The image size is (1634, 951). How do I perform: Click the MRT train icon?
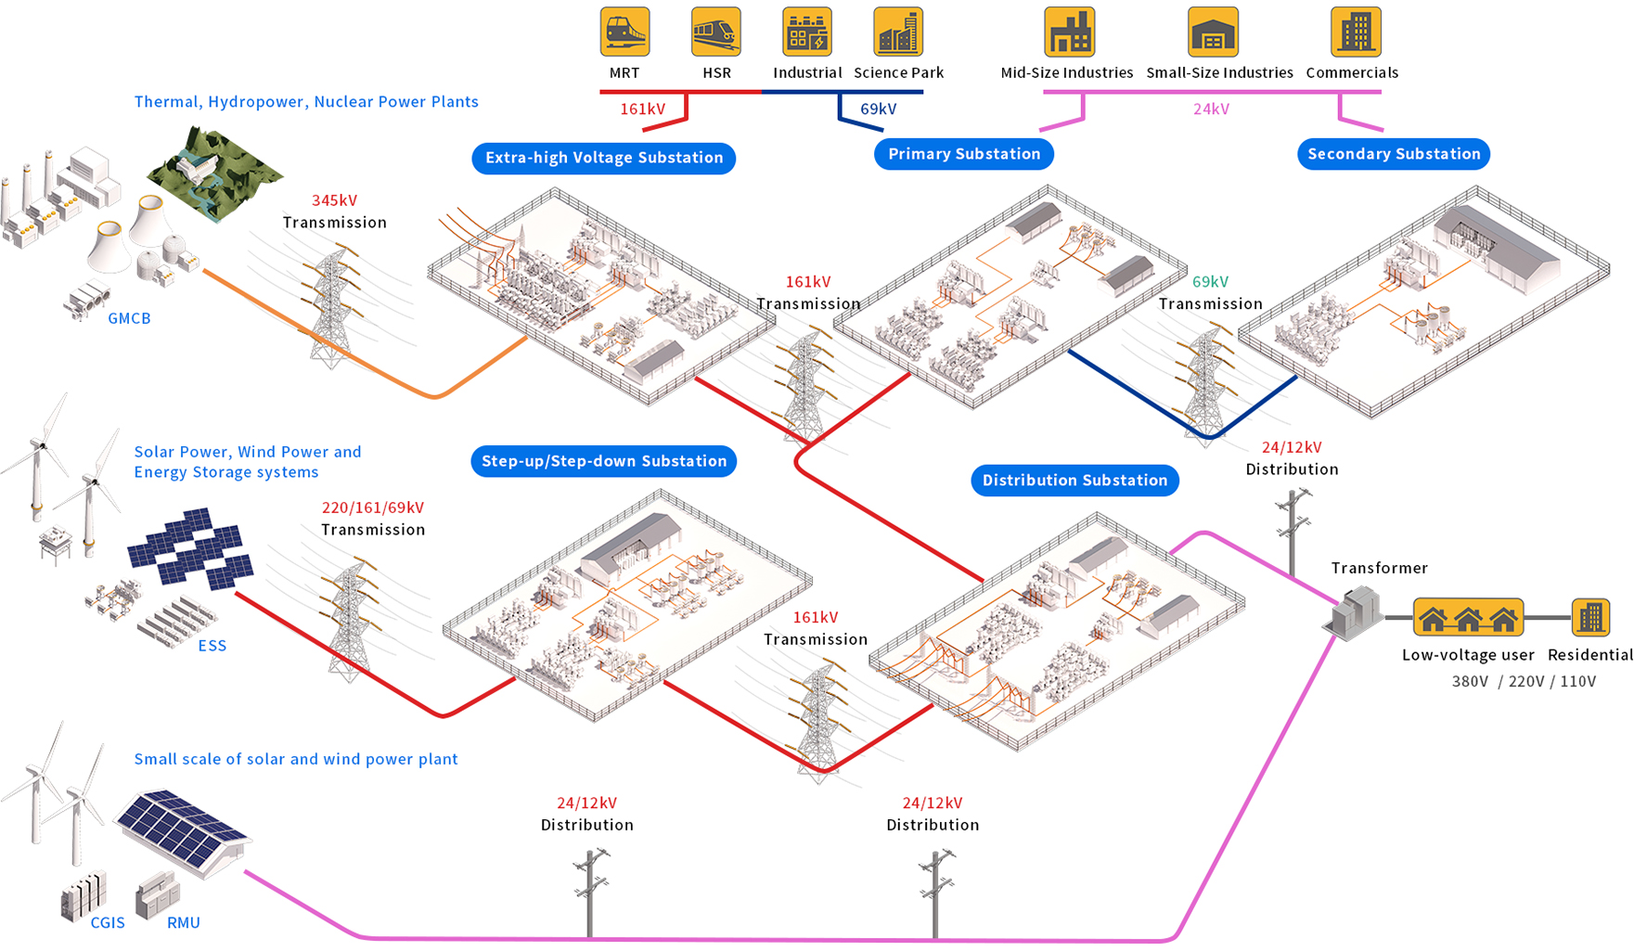point(624,32)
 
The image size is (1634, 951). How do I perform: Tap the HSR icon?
point(715,32)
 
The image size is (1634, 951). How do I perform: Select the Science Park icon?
point(897,32)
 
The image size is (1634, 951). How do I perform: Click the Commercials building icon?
point(1355,32)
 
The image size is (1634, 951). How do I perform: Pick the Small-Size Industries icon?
point(1212,32)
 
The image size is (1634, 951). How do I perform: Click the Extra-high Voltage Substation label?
point(604,158)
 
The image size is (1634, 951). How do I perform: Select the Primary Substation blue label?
point(964,154)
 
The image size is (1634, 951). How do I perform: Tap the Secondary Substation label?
point(1394,154)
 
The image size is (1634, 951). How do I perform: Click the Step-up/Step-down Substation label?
point(604,461)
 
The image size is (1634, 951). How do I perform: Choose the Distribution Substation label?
point(1074,481)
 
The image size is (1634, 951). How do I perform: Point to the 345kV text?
point(334,200)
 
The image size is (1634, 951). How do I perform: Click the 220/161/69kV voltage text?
point(372,508)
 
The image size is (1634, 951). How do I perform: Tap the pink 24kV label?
point(1211,109)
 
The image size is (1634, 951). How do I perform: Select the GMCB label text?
point(129,318)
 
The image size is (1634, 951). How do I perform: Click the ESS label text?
point(212,646)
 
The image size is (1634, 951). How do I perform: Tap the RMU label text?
point(183,922)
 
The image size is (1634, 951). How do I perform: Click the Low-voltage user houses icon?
point(1468,618)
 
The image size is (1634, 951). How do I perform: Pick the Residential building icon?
point(1590,617)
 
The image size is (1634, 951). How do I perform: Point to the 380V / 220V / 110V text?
point(1524,681)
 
